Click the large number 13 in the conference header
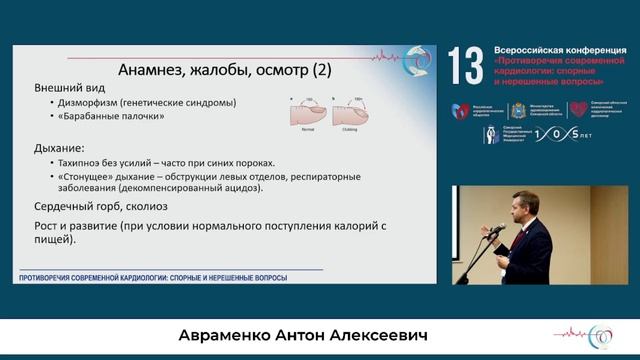(x=467, y=66)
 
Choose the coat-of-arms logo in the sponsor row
(x=518, y=110)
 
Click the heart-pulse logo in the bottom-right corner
(x=603, y=335)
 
